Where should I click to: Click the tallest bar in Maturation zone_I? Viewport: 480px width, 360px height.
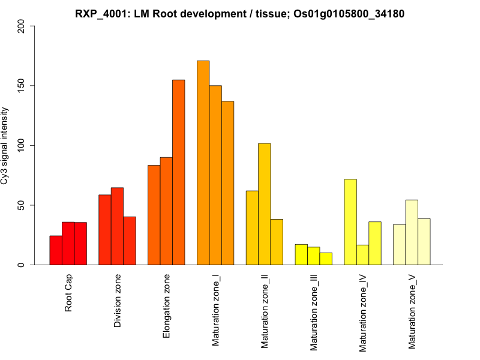coord(203,163)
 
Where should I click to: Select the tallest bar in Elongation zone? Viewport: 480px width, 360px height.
coord(178,172)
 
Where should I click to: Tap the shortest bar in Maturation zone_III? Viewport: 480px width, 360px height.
coord(326,259)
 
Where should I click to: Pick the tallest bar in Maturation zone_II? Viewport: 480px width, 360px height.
coord(264,204)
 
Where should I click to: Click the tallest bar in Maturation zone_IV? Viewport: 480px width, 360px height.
coord(350,222)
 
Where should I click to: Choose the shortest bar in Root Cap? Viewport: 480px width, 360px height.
coord(56,250)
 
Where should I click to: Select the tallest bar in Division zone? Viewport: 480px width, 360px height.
coord(117,226)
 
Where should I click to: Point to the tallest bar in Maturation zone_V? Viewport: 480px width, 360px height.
coord(412,232)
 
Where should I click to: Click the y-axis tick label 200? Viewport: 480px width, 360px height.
coord(23,26)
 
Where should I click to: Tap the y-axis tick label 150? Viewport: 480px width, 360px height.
coord(23,86)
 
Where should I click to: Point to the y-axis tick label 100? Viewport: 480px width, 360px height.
coord(23,145)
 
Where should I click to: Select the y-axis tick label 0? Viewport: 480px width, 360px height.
coord(23,265)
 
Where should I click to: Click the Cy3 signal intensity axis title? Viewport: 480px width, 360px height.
coord(5,145)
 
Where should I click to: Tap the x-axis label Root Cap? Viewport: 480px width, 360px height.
coord(68,294)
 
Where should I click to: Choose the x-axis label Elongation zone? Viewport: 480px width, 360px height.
coord(167,306)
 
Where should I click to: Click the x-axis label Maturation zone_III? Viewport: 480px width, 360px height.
coord(314,312)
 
